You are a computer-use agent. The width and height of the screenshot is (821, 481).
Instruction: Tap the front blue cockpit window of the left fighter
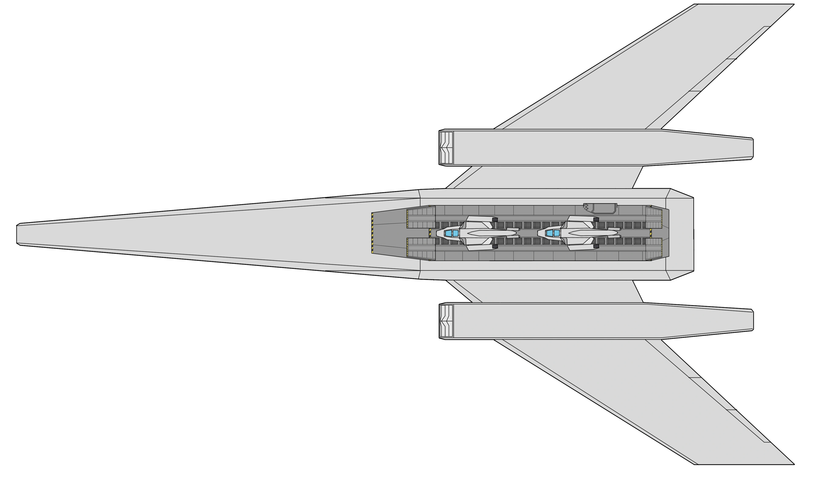tap(449, 233)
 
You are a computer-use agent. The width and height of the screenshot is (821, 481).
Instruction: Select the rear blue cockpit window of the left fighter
tap(455, 233)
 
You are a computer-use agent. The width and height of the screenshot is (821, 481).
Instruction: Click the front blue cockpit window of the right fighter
tap(550, 233)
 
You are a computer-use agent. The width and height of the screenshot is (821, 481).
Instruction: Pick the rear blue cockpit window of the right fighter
tap(557, 233)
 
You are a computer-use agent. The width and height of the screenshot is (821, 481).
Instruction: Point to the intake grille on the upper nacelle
tap(446, 148)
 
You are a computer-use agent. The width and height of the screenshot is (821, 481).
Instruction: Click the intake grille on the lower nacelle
tap(446, 321)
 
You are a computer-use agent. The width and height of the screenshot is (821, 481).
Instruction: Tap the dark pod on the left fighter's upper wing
tap(495, 220)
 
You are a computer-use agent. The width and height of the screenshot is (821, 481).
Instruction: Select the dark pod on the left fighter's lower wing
tap(495, 246)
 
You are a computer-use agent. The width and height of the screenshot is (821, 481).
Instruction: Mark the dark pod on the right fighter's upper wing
tap(596, 220)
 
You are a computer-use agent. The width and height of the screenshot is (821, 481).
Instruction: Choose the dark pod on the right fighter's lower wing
tap(596, 246)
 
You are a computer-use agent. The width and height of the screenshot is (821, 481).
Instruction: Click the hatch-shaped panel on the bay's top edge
tap(604, 208)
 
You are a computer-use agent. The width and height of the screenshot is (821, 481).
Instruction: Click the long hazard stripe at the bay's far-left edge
tap(372, 233)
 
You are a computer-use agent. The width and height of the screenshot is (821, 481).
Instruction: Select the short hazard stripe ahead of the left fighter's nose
tap(430, 233)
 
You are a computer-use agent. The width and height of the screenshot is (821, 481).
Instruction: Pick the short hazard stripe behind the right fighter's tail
tap(651, 233)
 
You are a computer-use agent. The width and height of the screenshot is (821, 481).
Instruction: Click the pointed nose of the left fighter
tap(437, 233)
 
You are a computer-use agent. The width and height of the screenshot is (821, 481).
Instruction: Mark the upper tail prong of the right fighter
tap(614, 229)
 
